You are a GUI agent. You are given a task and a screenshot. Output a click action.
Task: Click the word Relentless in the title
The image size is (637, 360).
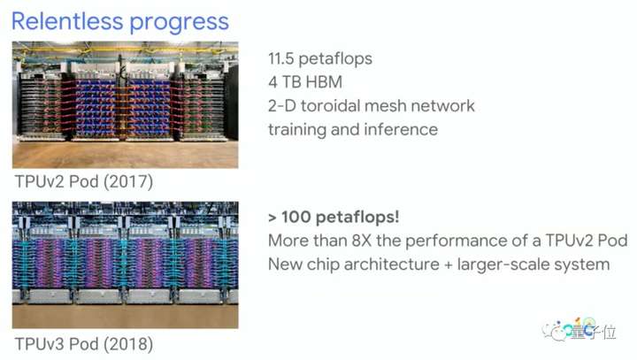pyautogui.click(x=67, y=21)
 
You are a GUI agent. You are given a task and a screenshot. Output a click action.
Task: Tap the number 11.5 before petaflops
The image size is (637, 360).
pyautogui.click(x=280, y=58)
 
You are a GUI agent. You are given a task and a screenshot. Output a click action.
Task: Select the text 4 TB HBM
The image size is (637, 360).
pyautogui.click(x=305, y=82)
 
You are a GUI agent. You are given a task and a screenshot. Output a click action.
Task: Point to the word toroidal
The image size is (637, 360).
pyautogui.click(x=334, y=105)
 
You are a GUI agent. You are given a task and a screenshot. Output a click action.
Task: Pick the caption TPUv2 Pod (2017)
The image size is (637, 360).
pyautogui.click(x=84, y=181)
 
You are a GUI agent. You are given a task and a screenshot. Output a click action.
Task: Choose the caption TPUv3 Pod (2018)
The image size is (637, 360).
pyautogui.click(x=84, y=344)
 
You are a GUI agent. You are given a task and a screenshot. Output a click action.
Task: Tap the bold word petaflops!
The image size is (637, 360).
pyautogui.click(x=357, y=218)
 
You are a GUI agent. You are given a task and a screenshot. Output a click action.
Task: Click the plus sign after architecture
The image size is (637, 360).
pyautogui.click(x=448, y=265)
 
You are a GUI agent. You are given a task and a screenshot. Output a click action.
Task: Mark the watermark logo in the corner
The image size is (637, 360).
pyautogui.click(x=579, y=330)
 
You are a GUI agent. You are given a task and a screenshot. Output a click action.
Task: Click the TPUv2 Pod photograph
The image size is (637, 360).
pyautogui.click(x=125, y=105)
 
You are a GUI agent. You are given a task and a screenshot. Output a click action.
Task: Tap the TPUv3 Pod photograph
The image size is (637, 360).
pyautogui.click(x=125, y=265)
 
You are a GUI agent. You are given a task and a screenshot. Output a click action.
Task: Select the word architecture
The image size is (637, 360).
pyautogui.click(x=392, y=264)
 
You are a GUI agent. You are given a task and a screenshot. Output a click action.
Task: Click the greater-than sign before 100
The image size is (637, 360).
pyautogui.click(x=272, y=218)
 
